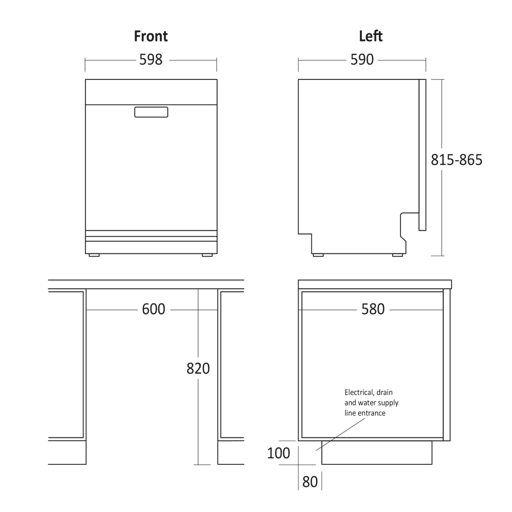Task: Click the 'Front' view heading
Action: (x=151, y=36)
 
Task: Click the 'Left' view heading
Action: (x=371, y=36)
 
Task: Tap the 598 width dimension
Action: (x=151, y=60)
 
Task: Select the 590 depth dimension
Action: (x=362, y=60)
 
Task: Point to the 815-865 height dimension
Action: (x=457, y=160)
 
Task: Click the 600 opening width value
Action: (x=154, y=309)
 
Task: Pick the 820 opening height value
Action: (x=198, y=368)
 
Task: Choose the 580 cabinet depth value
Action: (x=373, y=309)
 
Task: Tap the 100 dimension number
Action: (x=279, y=453)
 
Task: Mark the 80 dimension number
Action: (x=310, y=482)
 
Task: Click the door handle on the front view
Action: (x=151, y=112)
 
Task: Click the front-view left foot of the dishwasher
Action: (x=94, y=255)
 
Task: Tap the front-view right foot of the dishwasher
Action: (x=207, y=255)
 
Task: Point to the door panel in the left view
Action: (x=422, y=154)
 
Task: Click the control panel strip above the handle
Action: (x=151, y=92)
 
